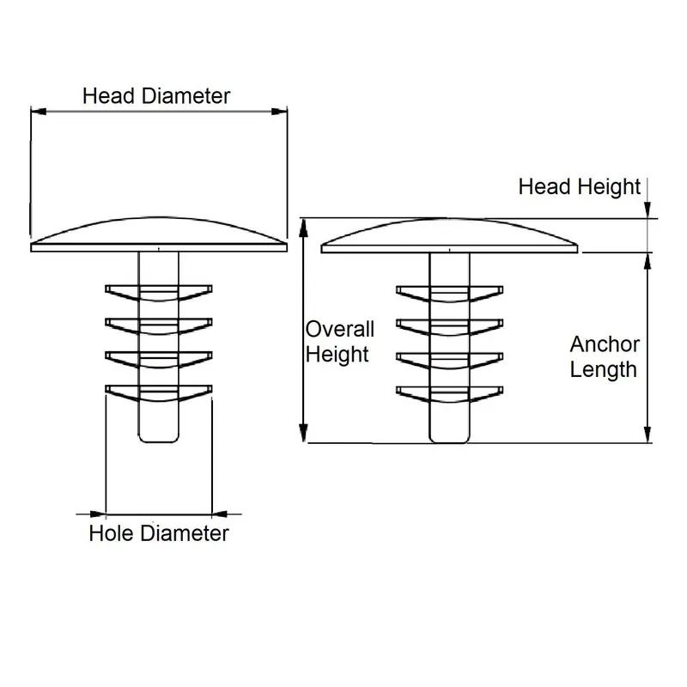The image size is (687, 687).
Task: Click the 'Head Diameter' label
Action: (x=156, y=95)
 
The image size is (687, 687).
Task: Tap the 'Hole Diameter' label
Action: (x=159, y=533)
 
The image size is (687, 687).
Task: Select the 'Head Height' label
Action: (x=580, y=186)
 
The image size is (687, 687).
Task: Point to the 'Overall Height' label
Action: (x=340, y=341)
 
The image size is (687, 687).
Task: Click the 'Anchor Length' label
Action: (x=605, y=356)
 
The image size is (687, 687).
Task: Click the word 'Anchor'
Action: (x=605, y=344)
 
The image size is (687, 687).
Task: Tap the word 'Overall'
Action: (x=340, y=329)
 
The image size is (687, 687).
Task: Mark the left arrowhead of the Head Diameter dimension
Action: (x=36, y=110)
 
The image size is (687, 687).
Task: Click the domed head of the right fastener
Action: (x=448, y=234)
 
